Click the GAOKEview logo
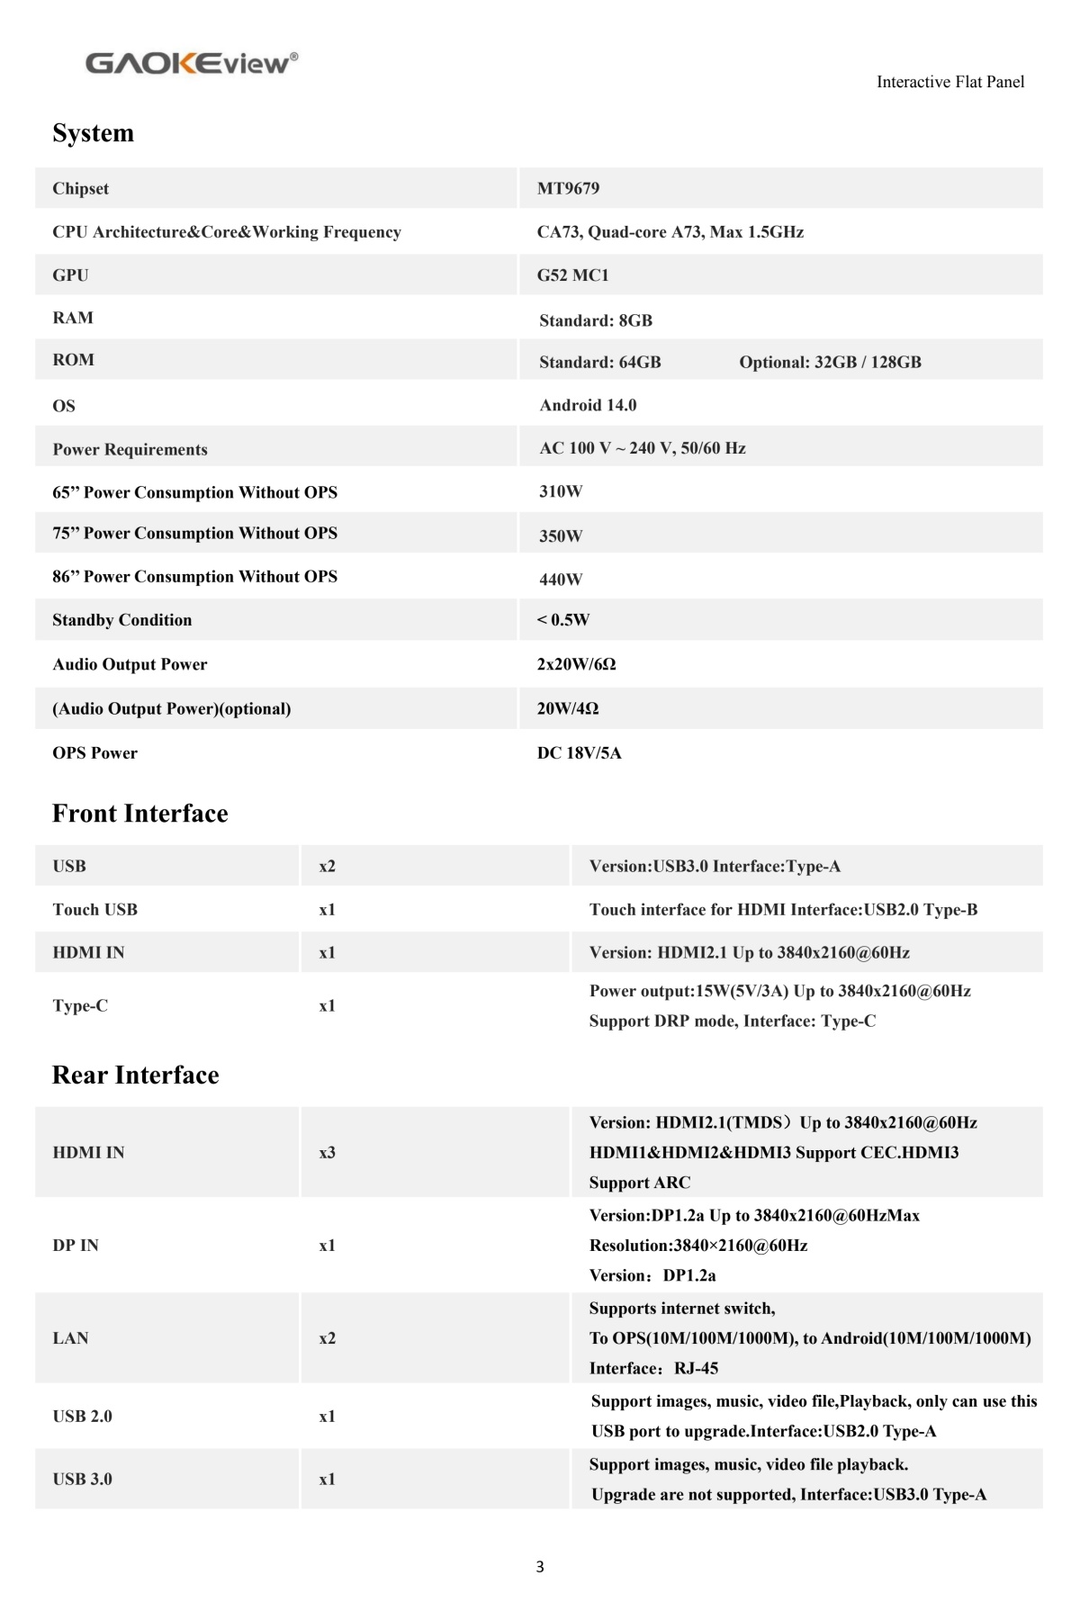191,63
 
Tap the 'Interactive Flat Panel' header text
949,82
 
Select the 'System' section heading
93,133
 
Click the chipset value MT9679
568,188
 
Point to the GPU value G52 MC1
572,275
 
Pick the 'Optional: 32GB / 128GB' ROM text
830,362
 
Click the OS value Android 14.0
588,405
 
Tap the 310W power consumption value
561,491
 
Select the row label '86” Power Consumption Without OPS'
194,577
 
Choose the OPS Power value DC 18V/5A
579,753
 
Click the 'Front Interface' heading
139,814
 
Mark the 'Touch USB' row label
94,910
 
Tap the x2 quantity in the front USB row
327,867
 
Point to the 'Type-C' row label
79,1006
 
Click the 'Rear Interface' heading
135,1075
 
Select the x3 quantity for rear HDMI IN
327,1153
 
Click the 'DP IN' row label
75,1246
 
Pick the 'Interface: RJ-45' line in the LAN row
653,1369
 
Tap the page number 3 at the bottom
539,1567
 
